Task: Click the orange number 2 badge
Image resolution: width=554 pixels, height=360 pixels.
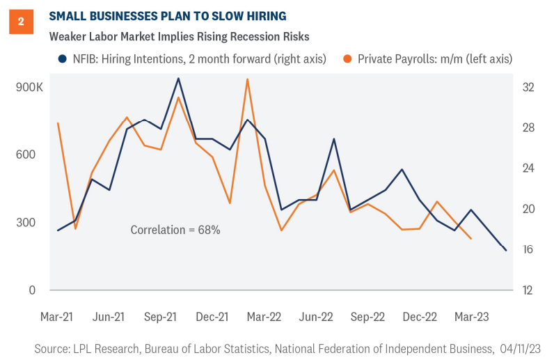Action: click(x=21, y=22)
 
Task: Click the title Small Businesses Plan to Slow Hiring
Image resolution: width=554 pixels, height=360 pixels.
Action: click(x=166, y=15)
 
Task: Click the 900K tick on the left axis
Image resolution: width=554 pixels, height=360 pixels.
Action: click(x=29, y=88)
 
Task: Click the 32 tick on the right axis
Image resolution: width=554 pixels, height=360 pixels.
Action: click(x=528, y=88)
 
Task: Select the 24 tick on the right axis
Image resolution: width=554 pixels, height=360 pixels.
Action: click(x=528, y=169)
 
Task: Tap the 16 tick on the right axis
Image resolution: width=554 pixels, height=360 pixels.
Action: click(x=528, y=250)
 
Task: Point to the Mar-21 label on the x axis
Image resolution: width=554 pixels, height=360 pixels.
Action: click(x=58, y=317)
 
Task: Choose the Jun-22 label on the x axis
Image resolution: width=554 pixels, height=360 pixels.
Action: click(x=316, y=317)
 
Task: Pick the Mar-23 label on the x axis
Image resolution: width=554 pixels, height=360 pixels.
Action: click(x=471, y=317)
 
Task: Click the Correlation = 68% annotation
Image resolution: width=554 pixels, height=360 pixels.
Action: click(x=175, y=229)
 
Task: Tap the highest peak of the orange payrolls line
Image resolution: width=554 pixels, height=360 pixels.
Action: click(x=247, y=79)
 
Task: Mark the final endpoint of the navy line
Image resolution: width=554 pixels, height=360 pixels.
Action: click(x=506, y=250)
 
